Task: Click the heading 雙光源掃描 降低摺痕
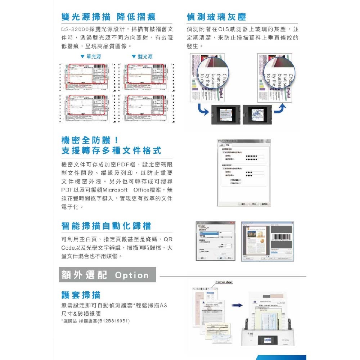pyautogui.click(x=108, y=17)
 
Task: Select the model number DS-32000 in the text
pyautogui.click(x=73, y=30)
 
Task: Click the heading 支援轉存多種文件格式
pyautogui.click(x=111, y=150)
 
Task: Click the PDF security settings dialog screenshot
pyautogui.click(x=244, y=173)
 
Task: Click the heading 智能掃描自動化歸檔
pyautogui.click(x=106, y=226)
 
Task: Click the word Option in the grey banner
pyautogui.click(x=131, y=275)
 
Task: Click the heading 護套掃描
pyautogui.click(x=81, y=295)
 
